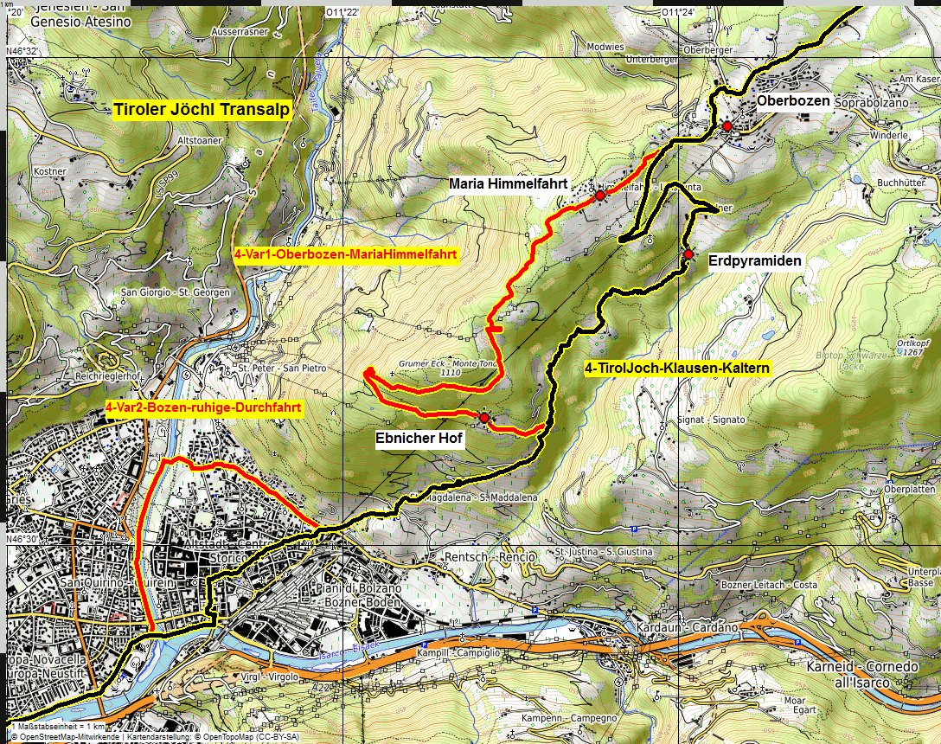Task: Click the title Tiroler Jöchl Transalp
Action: tap(201, 110)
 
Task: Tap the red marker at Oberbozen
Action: tap(727, 126)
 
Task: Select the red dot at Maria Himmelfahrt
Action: tap(599, 196)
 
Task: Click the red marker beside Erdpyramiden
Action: tap(688, 254)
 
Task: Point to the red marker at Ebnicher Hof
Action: tap(483, 418)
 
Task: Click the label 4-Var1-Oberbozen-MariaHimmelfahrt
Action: tap(345, 255)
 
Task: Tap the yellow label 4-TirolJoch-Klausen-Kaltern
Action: tap(676, 369)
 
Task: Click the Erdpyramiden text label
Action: tap(754, 260)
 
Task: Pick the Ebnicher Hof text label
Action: tap(419, 439)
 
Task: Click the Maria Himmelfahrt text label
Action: tap(508, 184)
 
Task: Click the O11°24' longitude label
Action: tap(678, 11)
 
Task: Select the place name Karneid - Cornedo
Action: tap(861, 668)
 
